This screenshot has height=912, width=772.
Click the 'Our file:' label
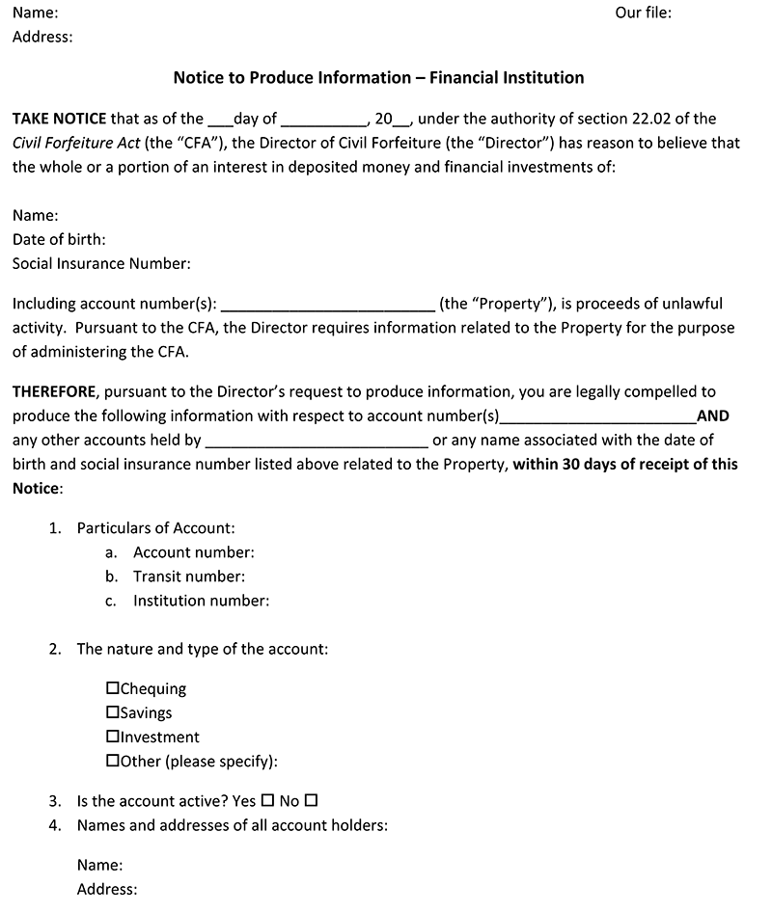(643, 13)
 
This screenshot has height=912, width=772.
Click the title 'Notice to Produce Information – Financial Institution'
(378, 77)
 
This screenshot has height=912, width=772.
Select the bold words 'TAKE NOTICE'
(59, 119)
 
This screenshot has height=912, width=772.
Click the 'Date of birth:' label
(59, 239)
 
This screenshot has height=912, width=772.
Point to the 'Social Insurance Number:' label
(101, 263)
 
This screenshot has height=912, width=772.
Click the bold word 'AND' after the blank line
(712, 416)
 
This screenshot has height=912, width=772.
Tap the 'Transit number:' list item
(189, 577)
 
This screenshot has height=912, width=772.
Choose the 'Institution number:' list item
(201, 601)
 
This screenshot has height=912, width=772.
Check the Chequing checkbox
(113, 688)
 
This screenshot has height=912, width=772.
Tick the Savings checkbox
(113, 712)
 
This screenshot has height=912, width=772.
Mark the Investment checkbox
(113, 737)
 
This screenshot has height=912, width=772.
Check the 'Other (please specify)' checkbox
(113, 761)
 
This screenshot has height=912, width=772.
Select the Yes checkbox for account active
(267, 800)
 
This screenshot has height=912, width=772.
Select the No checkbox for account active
(311, 800)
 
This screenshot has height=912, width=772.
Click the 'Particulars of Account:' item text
(155, 528)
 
